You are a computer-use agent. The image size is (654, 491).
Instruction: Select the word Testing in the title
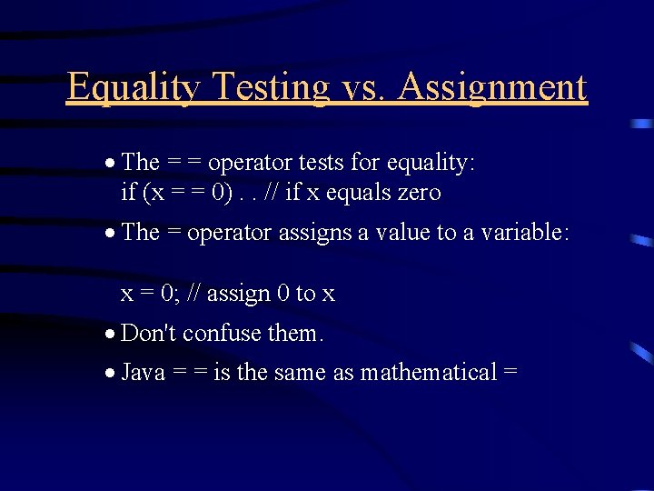pos(270,88)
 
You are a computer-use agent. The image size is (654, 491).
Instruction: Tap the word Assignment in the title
pos(492,88)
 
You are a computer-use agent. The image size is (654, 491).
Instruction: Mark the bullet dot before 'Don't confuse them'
pos(109,335)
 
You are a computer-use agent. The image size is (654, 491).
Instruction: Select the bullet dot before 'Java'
pos(109,374)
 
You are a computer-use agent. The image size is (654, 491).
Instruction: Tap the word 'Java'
pos(144,373)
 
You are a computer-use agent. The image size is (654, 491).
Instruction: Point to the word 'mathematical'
pos(429,373)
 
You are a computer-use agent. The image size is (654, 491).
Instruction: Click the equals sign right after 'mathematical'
pos(510,374)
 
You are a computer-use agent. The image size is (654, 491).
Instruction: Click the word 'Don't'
pos(148,334)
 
